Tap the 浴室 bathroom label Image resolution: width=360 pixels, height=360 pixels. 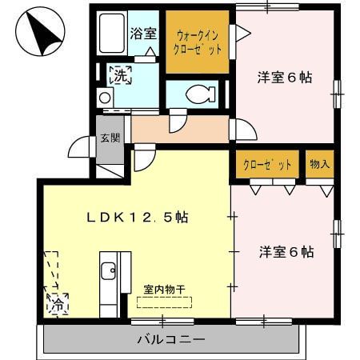point(143,34)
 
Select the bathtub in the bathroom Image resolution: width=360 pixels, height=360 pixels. point(113,36)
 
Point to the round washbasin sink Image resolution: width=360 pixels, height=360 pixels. point(105,97)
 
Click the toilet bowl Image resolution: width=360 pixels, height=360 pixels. point(197,94)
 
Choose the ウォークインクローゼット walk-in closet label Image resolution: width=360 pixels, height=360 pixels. point(199,42)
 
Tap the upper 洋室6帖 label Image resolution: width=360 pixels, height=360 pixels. point(283,78)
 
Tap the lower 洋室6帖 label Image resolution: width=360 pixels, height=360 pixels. point(285,251)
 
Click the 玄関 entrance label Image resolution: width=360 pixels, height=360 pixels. point(110,137)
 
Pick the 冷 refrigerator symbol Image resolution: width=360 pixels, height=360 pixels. point(58,304)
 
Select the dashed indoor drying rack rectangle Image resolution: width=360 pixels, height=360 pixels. point(165,302)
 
